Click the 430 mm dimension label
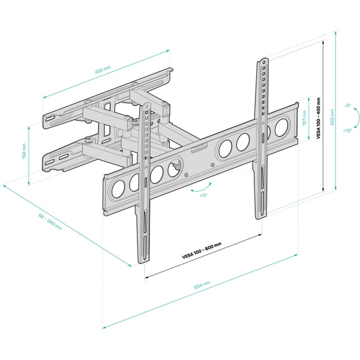pyautogui.click(x=103, y=70)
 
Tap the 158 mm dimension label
pyautogui.click(x=25, y=151)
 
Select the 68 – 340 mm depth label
pyautogui.click(x=50, y=222)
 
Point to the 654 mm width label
pyautogui.click(x=202, y=285)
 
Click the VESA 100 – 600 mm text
pyautogui.click(x=202, y=250)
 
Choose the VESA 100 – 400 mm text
pyautogui.click(x=318, y=118)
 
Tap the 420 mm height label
pyautogui.click(x=332, y=117)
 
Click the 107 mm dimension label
pyautogui.click(x=304, y=118)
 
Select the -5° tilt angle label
pyautogui.click(x=347, y=106)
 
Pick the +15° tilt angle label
pyautogui.click(x=347, y=131)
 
